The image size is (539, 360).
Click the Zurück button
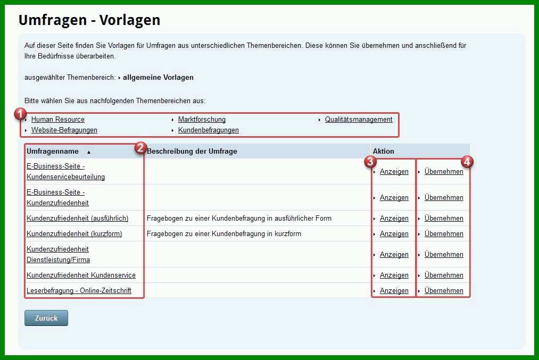click(46, 318)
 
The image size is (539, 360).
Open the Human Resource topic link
click(58, 120)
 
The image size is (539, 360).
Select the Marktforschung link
click(202, 120)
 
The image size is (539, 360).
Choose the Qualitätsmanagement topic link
click(359, 120)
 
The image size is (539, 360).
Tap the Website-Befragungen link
click(64, 130)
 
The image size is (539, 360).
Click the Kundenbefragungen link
click(209, 130)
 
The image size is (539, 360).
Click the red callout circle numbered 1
click(20, 114)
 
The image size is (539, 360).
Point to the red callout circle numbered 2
click(140, 148)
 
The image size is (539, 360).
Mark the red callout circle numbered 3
click(370, 162)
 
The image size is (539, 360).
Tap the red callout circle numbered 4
click(467, 162)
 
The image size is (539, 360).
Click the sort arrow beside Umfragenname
click(89, 152)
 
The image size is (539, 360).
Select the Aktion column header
click(383, 151)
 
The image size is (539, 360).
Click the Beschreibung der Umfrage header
click(192, 151)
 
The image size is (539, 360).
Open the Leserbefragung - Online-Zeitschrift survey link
click(79, 291)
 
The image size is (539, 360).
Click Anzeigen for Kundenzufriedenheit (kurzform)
click(394, 234)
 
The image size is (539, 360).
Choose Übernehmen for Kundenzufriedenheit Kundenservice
click(444, 275)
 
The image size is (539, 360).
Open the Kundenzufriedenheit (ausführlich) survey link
click(77, 219)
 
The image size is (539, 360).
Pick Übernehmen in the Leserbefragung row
click(444, 291)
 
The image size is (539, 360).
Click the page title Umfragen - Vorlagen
click(89, 20)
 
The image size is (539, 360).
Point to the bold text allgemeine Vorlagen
click(158, 77)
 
